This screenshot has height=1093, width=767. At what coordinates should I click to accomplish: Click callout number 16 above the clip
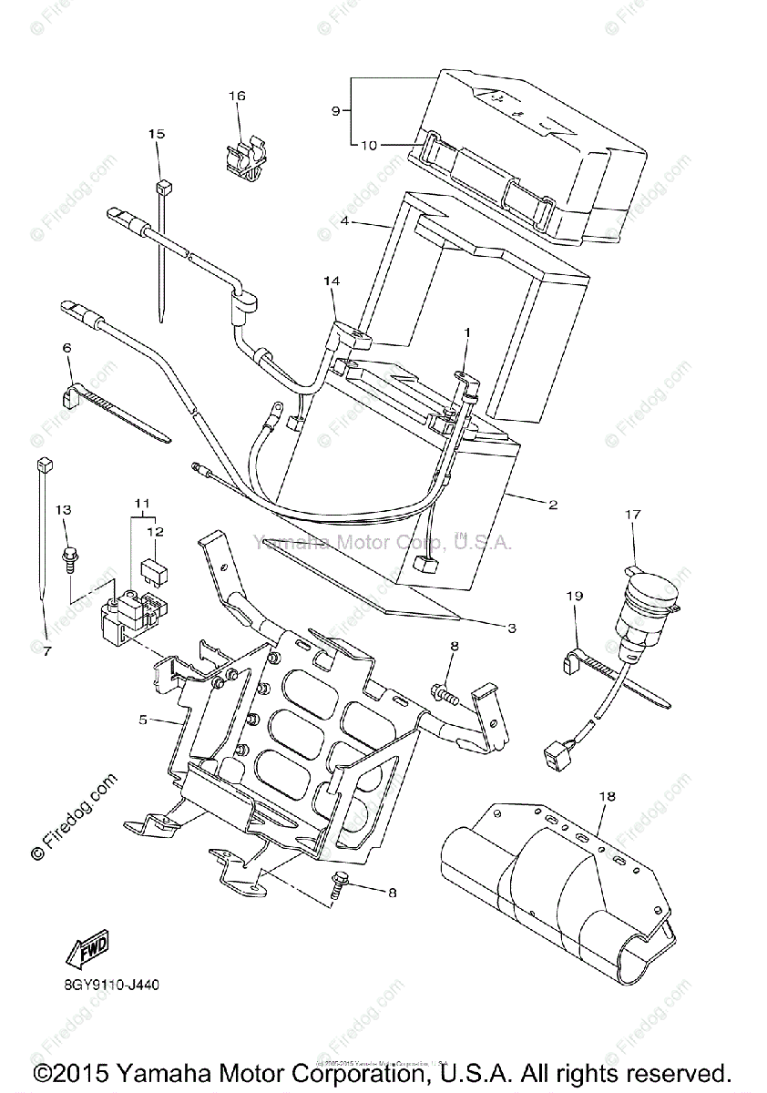(237, 96)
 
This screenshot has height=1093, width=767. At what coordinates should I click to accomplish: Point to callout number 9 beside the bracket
(335, 110)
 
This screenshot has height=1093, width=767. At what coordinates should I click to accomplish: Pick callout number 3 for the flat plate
(512, 628)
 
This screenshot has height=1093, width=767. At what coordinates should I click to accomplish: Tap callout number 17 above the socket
(632, 515)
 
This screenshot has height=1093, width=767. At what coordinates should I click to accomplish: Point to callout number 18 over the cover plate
(608, 796)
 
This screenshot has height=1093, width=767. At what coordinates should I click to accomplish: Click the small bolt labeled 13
(68, 555)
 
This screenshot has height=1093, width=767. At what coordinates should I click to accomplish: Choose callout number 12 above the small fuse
(156, 531)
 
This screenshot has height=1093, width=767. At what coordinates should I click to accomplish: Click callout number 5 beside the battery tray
(143, 720)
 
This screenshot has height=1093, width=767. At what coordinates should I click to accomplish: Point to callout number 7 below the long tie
(46, 650)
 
